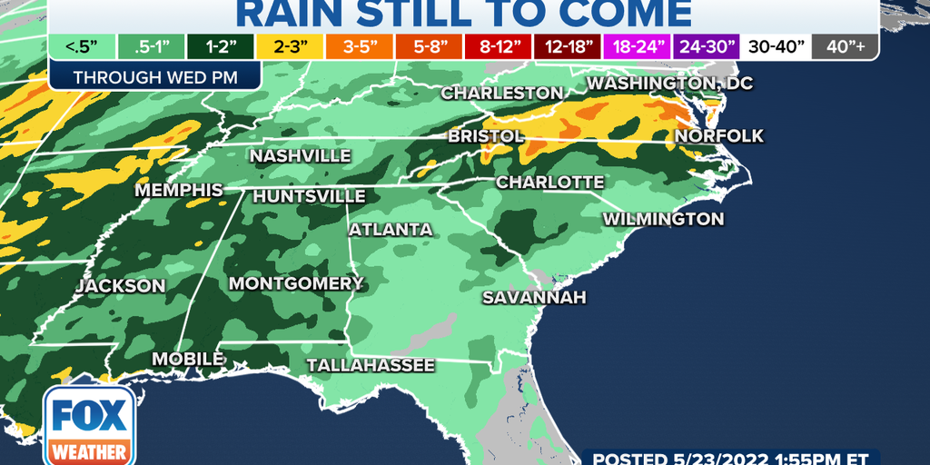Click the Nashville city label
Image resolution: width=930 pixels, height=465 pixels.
(300, 156)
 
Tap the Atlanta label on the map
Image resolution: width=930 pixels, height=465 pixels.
(391, 229)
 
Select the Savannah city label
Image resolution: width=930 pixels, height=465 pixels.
(534, 297)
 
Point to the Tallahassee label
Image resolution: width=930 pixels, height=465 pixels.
(371, 365)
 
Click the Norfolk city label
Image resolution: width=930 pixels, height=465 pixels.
(719, 136)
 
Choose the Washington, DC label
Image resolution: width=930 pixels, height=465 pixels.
(670, 84)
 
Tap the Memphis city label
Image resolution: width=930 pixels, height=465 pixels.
(179, 191)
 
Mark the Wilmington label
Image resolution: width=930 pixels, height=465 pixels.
(664, 219)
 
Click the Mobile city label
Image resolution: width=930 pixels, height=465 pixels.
(188, 359)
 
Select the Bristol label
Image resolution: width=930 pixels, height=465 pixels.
(485, 136)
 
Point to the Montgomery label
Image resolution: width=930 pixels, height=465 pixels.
(296, 283)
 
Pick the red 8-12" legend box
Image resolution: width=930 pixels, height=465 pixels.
(490, 45)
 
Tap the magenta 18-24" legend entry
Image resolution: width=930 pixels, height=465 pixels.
(636, 45)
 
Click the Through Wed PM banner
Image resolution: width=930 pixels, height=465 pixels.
(155, 77)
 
